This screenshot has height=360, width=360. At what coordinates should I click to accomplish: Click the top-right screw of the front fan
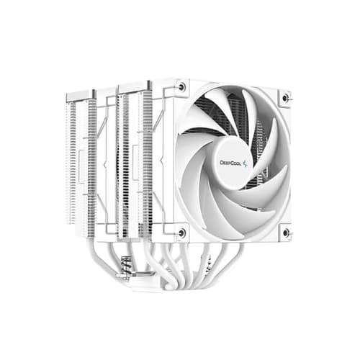click(x=286, y=96)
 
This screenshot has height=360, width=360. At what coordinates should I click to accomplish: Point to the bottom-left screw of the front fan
click(x=181, y=232)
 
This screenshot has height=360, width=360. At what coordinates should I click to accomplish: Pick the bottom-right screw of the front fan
click(x=286, y=232)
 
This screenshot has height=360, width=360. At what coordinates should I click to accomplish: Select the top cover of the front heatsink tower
click(x=137, y=85)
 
